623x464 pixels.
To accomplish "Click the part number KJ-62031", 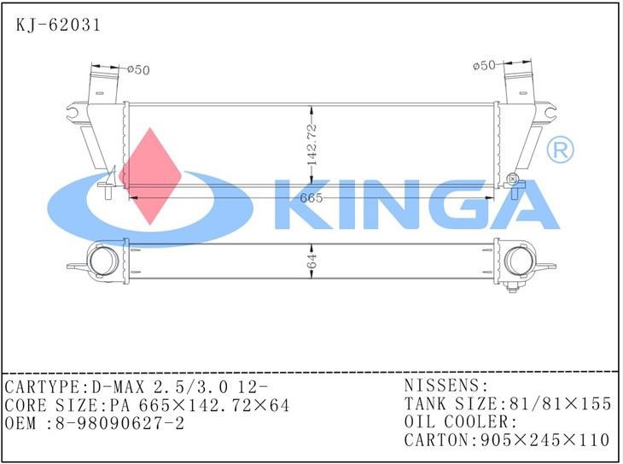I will pos(59,25).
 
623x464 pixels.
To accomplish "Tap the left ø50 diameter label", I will pos(138,70).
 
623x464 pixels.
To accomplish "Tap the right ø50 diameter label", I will pos(484,65).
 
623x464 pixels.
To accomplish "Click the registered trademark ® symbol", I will pos(560,151).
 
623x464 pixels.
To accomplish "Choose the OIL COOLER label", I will pos(460,422).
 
